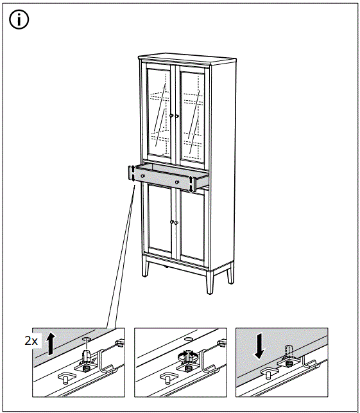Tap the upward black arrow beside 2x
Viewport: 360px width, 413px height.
coord(52,344)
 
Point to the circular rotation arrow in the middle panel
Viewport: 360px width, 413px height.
coord(187,356)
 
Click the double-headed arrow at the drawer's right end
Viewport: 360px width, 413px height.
coord(192,183)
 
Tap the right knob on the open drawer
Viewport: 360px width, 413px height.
coord(176,182)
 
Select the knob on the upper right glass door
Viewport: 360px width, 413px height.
coord(176,116)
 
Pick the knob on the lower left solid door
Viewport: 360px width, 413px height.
coord(171,222)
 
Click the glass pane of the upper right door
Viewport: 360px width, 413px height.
coord(193,112)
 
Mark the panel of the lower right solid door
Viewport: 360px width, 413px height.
coord(192,227)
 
